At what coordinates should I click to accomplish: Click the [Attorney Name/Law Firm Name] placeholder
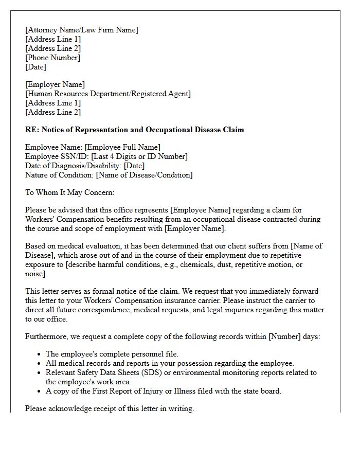[x=82, y=30]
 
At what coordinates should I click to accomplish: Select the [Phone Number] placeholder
[x=52, y=58]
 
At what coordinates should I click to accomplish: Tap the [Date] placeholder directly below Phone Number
[x=35, y=67]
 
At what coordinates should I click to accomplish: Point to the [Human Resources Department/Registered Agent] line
[x=108, y=94]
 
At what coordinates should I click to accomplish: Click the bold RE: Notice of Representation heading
[x=134, y=130]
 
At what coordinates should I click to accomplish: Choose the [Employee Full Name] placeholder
[x=122, y=147]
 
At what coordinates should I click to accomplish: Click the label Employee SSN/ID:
[x=53, y=156]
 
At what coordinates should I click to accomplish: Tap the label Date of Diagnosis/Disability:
[x=74, y=166]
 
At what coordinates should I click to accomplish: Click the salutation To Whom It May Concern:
[x=69, y=192]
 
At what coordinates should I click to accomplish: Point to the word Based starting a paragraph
[x=35, y=246]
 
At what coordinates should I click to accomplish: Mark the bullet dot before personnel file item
[x=40, y=354]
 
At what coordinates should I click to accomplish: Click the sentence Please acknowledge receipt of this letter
[x=110, y=408]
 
